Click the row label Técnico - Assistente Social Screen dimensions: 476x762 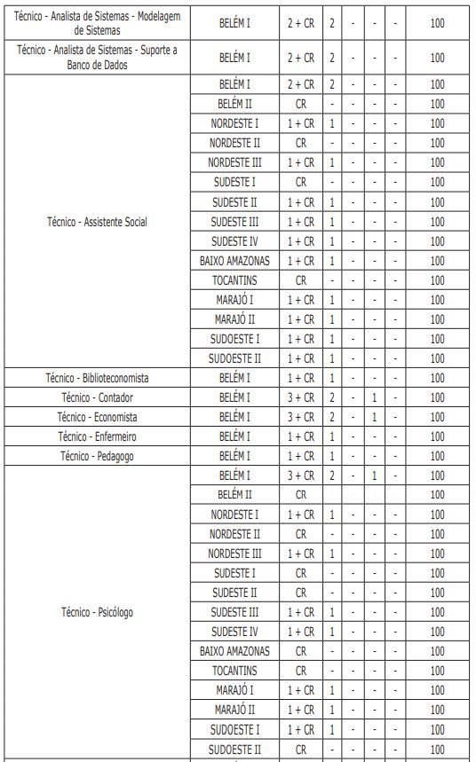point(97,222)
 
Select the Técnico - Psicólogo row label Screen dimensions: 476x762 point(97,612)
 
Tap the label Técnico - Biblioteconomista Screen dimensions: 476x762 point(97,378)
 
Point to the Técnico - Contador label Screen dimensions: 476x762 point(97,397)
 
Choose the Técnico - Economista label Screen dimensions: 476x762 point(97,417)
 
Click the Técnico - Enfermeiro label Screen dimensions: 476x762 point(97,436)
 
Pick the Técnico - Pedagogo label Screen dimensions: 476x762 point(97,456)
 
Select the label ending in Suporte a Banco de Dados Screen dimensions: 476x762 point(97,58)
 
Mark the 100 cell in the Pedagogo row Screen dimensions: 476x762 point(437,456)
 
